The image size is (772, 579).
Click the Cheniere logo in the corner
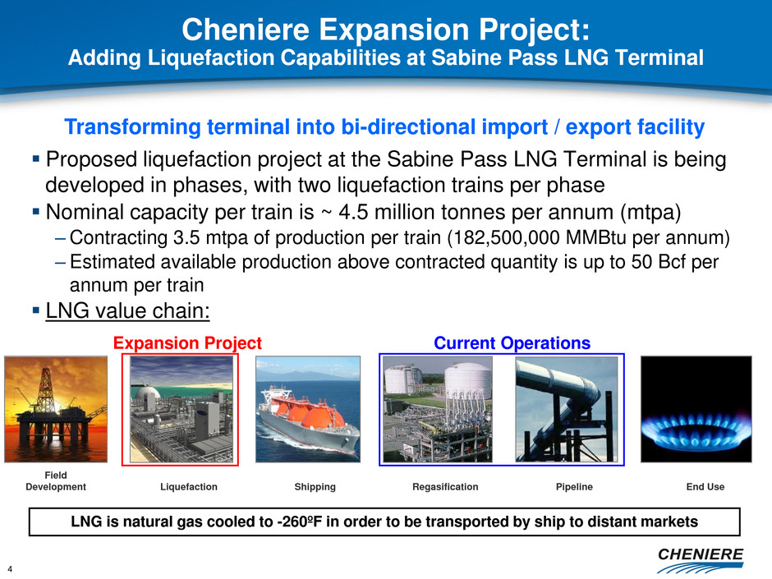(x=700, y=560)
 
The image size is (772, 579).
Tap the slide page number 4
(x=10, y=569)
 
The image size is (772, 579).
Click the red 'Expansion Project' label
(x=187, y=342)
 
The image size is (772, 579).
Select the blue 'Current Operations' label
(x=512, y=342)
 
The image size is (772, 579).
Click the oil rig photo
(x=56, y=409)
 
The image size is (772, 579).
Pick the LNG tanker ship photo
(x=308, y=409)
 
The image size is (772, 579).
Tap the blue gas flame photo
(x=696, y=409)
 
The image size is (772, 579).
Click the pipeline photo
(x=566, y=409)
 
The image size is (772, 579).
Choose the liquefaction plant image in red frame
(x=182, y=409)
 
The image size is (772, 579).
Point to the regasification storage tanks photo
(x=437, y=409)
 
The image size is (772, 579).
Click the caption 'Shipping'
(x=315, y=487)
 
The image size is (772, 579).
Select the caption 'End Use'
(x=705, y=487)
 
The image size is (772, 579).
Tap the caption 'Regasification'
(x=445, y=487)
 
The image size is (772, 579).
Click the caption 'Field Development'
(x=56, y=481)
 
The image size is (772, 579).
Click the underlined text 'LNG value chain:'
(x=127, y=311)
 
